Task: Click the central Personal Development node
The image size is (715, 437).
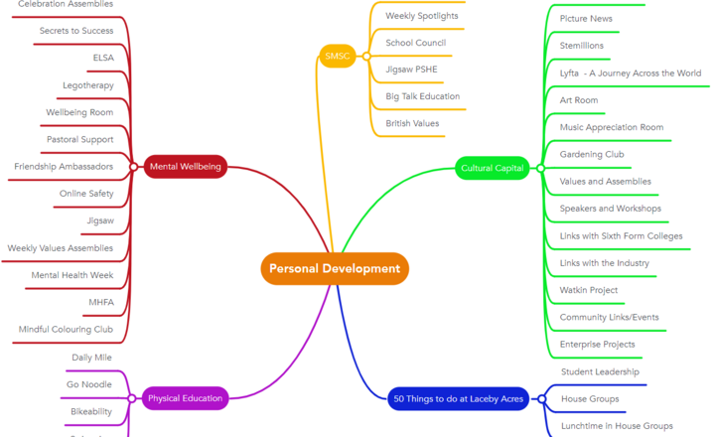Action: (335, 268)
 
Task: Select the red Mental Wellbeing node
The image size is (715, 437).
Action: (185, 167)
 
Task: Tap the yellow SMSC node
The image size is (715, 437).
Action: (338, 57)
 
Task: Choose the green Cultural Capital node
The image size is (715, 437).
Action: (493, 168)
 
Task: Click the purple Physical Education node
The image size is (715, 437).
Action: (185, 398)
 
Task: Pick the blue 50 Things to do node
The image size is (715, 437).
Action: (458, 399)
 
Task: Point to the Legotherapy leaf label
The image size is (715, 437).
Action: (88, 85)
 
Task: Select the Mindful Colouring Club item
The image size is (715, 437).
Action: (66, 329)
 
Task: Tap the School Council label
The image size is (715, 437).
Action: (415, 43)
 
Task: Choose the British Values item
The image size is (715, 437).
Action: (412, 123)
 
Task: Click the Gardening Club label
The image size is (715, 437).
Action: (592, 155)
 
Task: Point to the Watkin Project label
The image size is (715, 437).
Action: (589, 290)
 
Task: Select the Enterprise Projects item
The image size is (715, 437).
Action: (597, 344)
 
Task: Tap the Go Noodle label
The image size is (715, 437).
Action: (89, 383)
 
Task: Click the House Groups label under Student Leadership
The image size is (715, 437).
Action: (590, 398)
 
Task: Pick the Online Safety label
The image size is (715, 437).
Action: (86, 194)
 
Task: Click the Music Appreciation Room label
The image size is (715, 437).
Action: (611, 127)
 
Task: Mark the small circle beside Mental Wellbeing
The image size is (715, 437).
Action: (133, 167)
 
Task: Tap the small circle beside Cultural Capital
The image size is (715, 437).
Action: (540, 168)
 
